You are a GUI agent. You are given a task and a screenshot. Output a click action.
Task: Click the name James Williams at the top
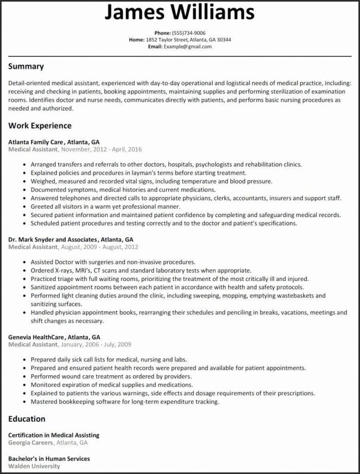(x=179, y=13)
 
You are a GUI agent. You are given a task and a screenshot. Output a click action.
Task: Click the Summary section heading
(x=26, y=66)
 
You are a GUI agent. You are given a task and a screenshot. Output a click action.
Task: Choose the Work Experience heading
(x=40, y=126)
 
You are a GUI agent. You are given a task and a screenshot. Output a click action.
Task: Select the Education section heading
(x=27, y=419)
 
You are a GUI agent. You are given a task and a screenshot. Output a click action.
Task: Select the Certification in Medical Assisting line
(x=54, y=435)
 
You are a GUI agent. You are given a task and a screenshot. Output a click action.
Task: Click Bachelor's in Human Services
(x=49, y=459)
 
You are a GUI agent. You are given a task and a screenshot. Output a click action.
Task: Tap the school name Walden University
(x=34, y=466)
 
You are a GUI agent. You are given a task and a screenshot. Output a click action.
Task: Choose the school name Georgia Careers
(x=31, y=442)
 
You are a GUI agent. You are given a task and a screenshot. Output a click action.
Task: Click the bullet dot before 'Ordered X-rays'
(x=24, y=271)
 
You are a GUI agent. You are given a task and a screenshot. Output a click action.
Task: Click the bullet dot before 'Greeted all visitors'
(x=24, y=207)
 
